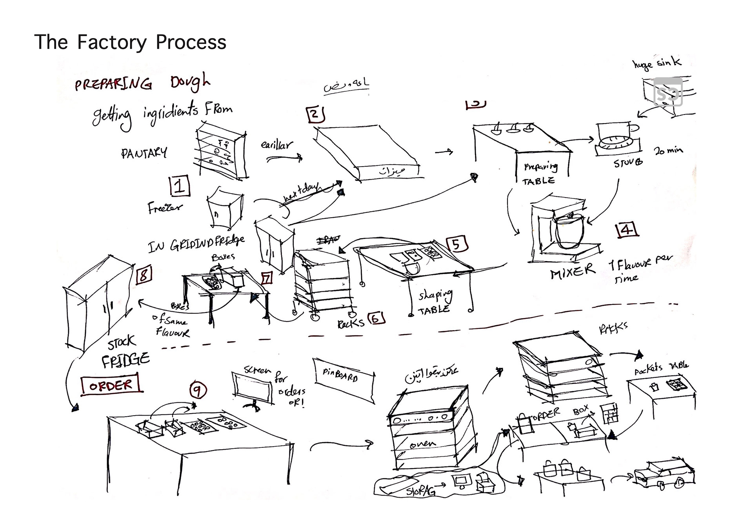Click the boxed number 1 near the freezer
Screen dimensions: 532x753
point(180,186)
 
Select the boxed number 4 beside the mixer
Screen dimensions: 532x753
point(626,229)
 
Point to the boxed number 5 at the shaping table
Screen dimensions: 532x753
point(457,244)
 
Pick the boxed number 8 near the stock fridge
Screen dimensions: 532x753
point(144,275)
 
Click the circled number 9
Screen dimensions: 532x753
point(198,390)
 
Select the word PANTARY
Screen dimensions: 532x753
point(144,153)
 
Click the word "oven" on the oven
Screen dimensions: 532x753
point(423,444)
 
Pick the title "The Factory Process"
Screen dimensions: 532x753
point(130,42)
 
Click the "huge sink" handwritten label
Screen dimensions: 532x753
point(657,63)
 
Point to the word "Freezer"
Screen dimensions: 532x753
point(165,207)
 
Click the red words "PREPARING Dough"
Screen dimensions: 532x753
point(142,84)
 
